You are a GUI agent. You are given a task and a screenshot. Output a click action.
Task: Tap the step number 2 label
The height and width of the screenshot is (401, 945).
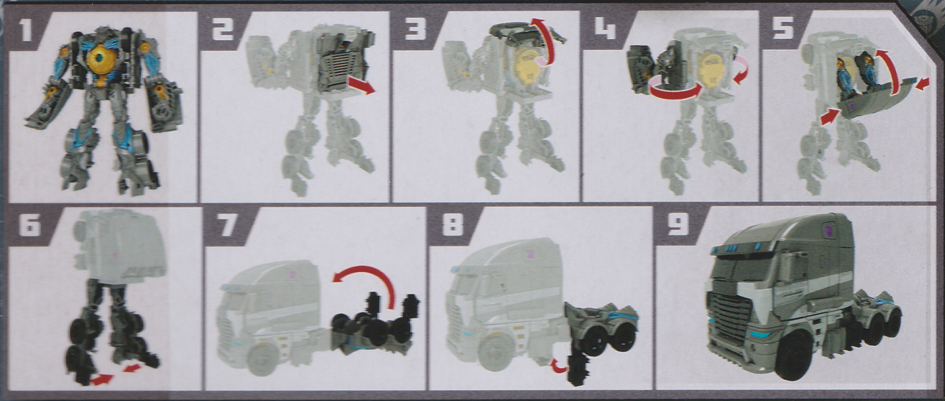[222, 30]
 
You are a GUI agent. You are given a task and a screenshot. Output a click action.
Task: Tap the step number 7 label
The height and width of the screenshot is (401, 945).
[228, 226]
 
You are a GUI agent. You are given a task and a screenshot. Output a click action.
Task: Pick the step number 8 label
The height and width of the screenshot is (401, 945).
[453, 226]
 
